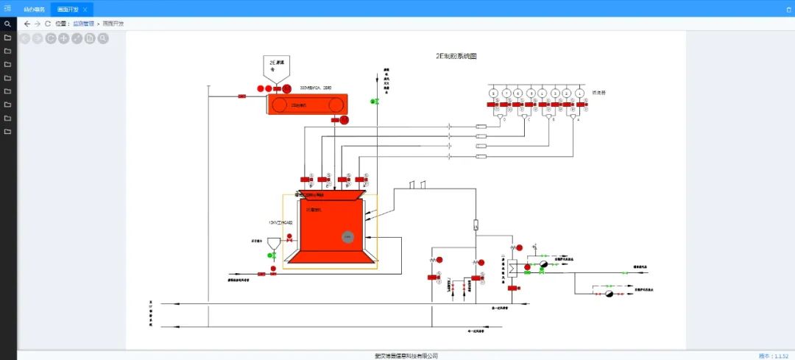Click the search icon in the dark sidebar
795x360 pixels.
[7, 24]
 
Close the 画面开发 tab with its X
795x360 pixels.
[85, 9]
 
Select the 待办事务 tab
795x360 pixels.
[34, 9]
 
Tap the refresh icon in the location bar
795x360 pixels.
[48, 24]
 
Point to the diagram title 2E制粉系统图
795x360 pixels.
[456, 56]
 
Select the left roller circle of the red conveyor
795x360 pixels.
[279, 105]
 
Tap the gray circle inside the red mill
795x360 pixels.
[348, 236]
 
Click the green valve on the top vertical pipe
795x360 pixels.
[377, 101]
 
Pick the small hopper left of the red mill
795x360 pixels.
[273, 242]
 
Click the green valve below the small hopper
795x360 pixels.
[272, 255]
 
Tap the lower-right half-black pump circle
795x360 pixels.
[609, 294]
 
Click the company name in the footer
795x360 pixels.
[406, 356]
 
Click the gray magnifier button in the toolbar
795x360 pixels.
[103, 38]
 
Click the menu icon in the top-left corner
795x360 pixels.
[7, 8]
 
